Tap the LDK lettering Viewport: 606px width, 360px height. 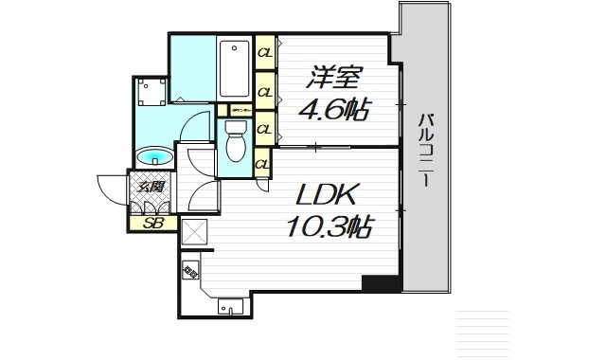327,198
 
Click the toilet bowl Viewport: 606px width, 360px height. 236,145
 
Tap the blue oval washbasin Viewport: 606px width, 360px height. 151,156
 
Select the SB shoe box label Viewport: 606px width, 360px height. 151,224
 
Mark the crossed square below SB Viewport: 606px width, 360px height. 193,232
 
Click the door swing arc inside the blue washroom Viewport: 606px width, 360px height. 196,127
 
